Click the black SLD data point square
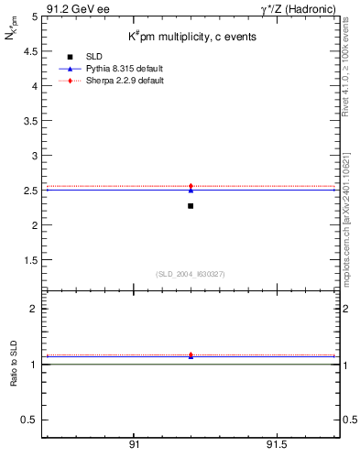pyautogui.click(x=191, y=206)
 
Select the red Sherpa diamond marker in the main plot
pyautogui.click(x=191, y=186)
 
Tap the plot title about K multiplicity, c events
pyautogui.click(x=191, y=37)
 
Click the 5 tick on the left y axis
pyautogui.click(x=34, y=16)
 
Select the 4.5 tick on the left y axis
pyautogui.click(x=29, y=51)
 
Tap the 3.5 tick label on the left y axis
pyautogui.click(x=29, y=121)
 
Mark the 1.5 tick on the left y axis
pyautogui.click(x=29, y=260)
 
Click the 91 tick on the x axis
pyautogui.click(x=134, y=443)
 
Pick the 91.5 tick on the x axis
pyautogui.click(x=277, y=443)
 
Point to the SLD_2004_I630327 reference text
pyautogui.click(x=191, y=274)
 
